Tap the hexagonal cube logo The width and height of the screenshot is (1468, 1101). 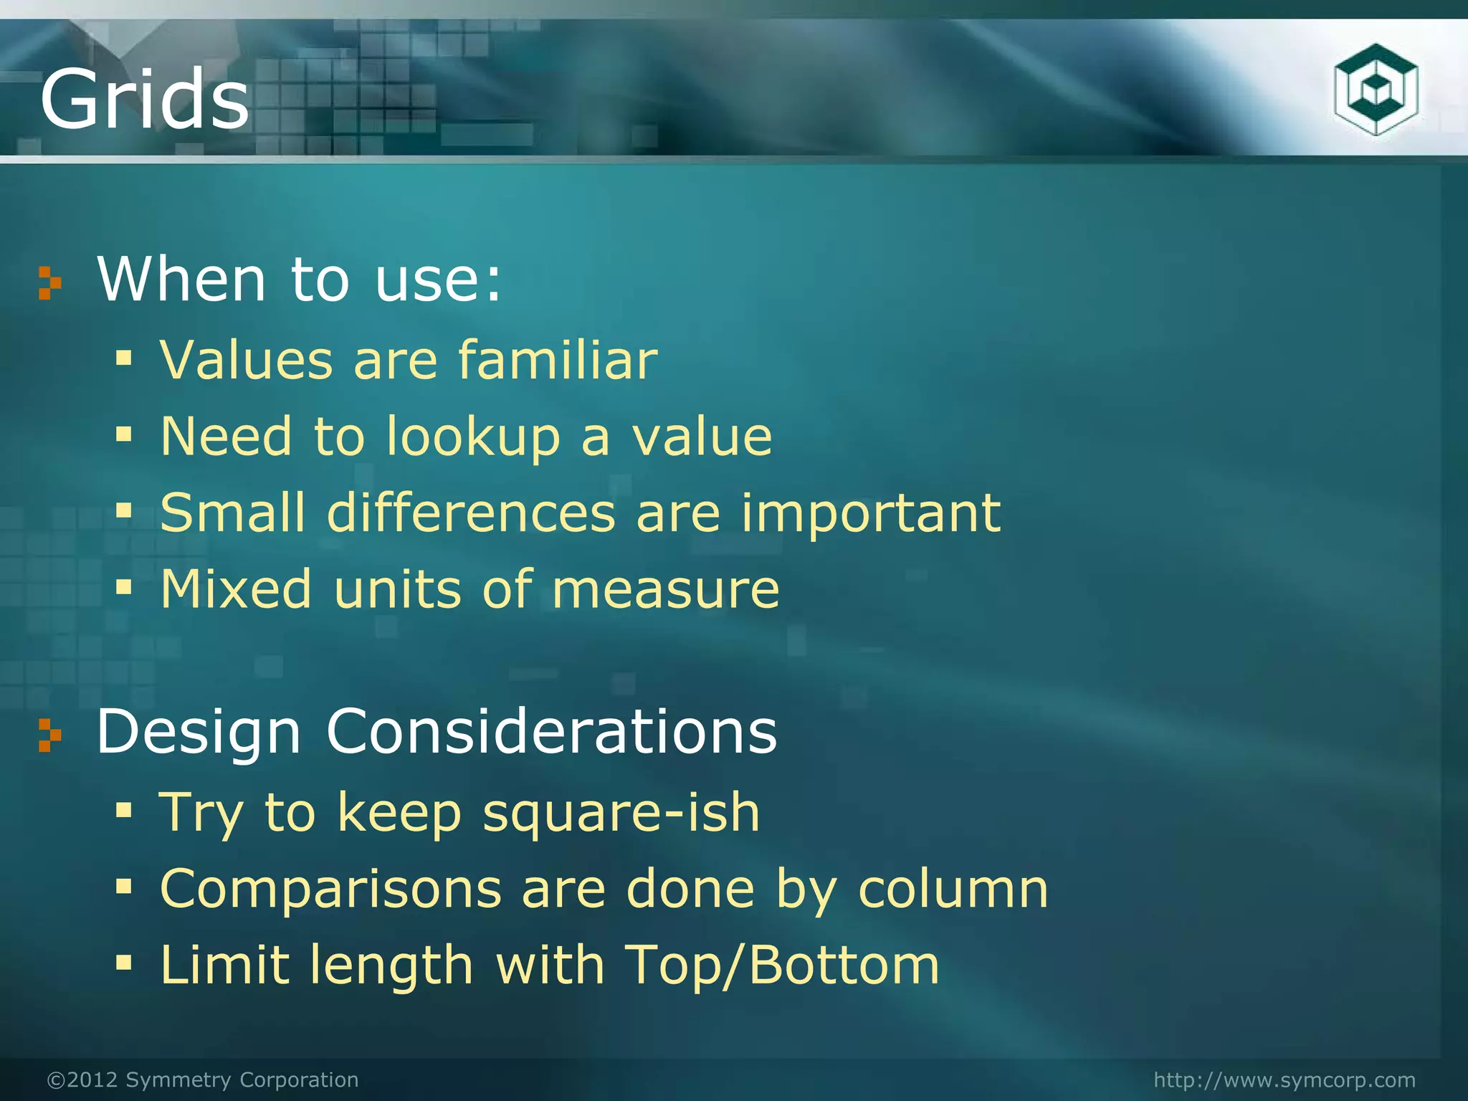[1376, 90]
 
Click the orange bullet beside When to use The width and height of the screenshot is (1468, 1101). [49, 282]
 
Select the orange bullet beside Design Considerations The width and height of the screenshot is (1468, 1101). [49, 735]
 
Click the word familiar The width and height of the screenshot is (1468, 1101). [558, 359]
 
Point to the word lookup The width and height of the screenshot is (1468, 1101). [473, 437]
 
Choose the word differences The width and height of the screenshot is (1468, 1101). [471, 513]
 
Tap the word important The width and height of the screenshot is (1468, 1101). [870, 513]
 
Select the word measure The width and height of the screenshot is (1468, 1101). [666, 589]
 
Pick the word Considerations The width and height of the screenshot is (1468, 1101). [551, 731]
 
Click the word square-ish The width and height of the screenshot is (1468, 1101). [621, 814]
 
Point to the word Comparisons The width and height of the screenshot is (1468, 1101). [330, 889]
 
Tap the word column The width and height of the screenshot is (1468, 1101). [953, 889]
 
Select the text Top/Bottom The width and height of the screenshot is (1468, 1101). [782, 966]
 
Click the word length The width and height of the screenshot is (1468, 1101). [391, 965]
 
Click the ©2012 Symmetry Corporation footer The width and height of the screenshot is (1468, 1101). [203, 1079]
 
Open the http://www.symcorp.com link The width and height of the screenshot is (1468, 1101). [1284, 1079]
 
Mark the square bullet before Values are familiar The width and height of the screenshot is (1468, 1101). [124, 357]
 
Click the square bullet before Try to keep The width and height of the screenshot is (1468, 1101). [124, 811]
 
